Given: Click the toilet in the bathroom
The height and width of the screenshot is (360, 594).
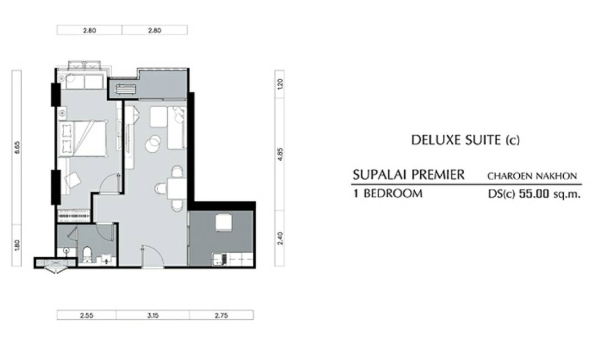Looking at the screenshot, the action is coord(87,254).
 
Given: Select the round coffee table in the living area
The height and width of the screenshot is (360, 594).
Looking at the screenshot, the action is coord(153,143).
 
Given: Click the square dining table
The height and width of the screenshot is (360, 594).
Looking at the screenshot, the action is coord(177,189).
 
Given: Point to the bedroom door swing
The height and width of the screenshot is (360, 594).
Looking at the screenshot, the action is coord(111,183).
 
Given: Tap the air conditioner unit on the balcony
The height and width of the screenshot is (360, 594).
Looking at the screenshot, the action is coord(125,90).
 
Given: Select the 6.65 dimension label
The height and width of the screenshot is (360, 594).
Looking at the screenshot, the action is coord(16,147).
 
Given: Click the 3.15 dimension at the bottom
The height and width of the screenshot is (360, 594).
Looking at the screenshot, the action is coord(153,315).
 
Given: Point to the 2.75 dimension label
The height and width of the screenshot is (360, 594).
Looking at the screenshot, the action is coord(221,315).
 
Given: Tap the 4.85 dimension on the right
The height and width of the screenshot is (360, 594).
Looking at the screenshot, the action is coord(280,154).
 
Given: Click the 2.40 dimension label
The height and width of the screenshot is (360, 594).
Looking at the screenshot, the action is coord(280,238).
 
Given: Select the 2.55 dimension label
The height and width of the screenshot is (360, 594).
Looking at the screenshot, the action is coord(87,315).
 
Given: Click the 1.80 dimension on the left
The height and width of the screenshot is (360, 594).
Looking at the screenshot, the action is coord(16,245).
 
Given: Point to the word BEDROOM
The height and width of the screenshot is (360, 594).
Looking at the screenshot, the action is coord(393,194).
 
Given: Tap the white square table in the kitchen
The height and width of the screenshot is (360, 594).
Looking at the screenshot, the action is coord(223,222).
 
